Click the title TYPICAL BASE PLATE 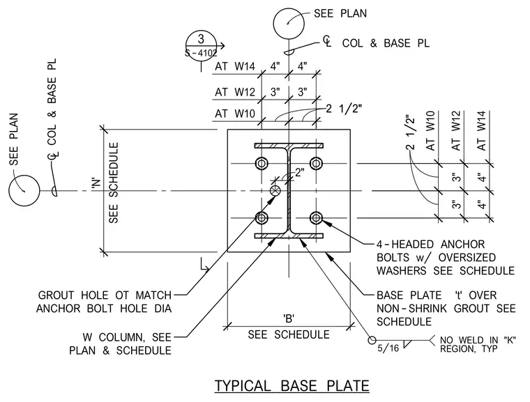point(291,385)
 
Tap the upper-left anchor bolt point(262,164)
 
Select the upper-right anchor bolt point(316,164)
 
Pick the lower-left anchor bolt point(262,218)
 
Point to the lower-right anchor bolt point(316,218)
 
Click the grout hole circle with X point(275,190)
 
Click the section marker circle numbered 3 point(201,45)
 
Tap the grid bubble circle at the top point(289,23)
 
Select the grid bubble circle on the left point(24,190)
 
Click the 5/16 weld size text point(388,348)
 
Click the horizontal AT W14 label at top point(235,66)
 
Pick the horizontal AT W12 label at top point(235,92)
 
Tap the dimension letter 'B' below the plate point(289,318)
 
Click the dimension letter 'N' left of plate point(96,183)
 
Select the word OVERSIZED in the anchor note point(467,257)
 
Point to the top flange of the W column point(289,146)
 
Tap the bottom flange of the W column point(289,235)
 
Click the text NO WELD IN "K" point(478,340)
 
